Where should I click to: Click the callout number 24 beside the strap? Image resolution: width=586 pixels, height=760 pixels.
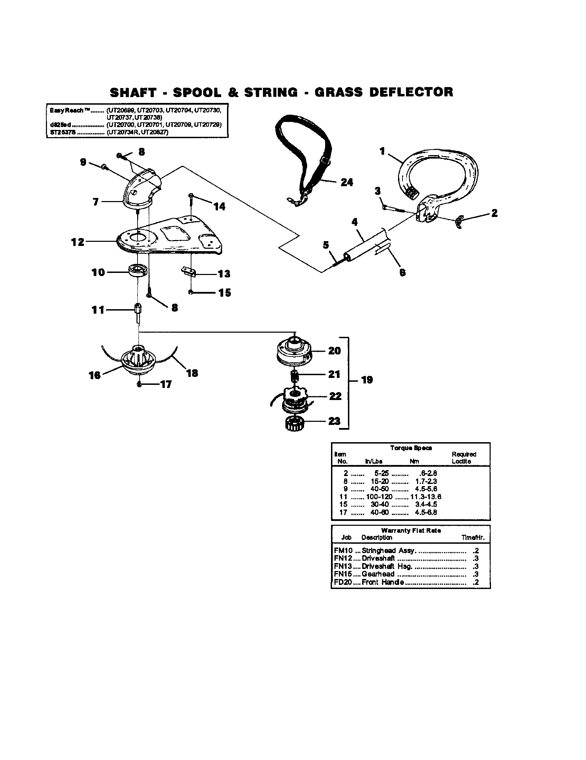coord(347,182)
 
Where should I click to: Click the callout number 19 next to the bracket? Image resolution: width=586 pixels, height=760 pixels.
coord(367,380)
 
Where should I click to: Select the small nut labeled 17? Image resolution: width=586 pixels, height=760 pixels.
coord(140,384)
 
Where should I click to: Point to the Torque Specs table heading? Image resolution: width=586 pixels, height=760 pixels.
coord(410,448)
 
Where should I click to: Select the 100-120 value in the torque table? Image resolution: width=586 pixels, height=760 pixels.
coord(379,497)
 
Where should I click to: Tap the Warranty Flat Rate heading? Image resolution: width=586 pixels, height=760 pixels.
coord(410,531)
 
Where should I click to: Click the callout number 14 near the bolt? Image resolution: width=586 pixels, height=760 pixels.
coord(219,207)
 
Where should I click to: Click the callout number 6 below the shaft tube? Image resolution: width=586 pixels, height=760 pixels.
coord(402,273)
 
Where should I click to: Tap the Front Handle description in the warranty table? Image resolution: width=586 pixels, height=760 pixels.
coord(382,582)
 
